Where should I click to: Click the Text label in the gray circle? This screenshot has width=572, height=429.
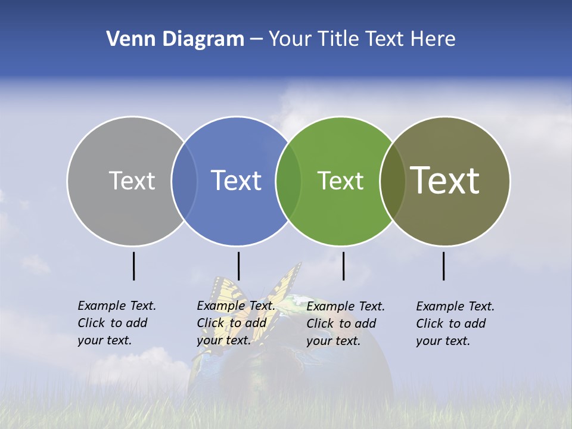point(132,181)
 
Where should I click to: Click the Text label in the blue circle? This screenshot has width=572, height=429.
point(236,181)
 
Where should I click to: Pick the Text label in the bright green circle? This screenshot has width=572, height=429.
point(340,181)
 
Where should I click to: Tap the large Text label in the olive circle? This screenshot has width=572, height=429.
point(444,181)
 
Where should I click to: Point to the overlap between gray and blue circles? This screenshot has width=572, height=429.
point(184,181)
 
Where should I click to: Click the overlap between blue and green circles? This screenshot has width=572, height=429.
point(288,181)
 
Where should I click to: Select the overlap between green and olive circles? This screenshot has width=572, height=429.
point(392,181)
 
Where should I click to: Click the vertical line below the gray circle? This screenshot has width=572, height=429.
point(133,266)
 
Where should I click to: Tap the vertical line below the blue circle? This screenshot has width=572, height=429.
point(238,266)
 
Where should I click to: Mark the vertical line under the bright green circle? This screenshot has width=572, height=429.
point(343,266)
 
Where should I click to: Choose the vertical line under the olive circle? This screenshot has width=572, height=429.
point(443,266)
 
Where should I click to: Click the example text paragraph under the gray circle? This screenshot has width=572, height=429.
point(116,323)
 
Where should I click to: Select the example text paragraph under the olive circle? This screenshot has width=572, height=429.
point(455,324)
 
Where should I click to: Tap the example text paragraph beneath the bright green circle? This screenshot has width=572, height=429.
point(345,324)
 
